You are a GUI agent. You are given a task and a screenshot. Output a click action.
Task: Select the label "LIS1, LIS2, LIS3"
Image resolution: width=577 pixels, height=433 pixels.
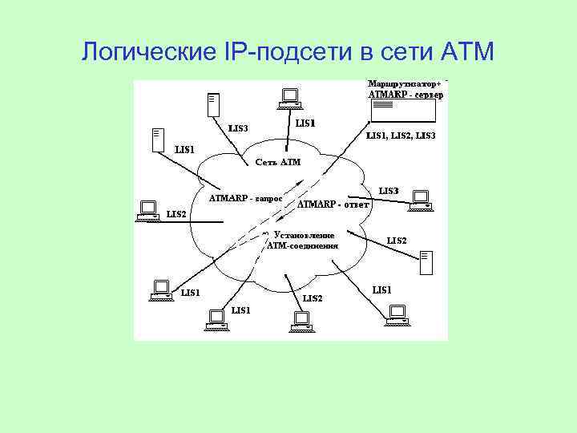[401, 136]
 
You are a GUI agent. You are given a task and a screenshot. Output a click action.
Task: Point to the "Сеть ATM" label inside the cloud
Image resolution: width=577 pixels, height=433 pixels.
[277, 162]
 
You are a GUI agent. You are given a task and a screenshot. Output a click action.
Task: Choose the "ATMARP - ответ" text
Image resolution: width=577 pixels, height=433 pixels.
[333, 204]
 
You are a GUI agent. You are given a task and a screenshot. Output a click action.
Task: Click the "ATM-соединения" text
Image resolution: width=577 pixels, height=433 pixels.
[302, 245]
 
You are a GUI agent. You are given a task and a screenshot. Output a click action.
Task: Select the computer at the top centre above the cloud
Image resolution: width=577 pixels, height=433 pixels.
[288, 99]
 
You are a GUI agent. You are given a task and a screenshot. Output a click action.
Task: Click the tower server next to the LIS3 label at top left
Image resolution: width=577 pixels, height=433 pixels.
[212, 104]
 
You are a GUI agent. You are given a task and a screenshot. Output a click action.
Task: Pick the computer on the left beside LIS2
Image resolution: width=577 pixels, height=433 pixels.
[147, 209]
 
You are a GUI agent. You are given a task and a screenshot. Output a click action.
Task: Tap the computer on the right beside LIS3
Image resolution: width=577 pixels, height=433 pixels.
[420, 200]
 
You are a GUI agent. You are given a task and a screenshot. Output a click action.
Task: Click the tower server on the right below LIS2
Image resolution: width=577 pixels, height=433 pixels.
[426, 260]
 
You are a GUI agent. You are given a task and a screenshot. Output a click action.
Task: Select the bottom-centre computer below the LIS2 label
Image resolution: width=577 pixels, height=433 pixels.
[299, 318]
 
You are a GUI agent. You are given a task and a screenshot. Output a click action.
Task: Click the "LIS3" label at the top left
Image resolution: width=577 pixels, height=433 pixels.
[238, 127]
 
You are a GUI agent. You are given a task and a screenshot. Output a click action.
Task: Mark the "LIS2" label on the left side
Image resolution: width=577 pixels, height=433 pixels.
[176, 214]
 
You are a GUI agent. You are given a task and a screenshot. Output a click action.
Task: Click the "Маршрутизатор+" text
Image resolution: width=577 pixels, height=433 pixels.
[405, 83]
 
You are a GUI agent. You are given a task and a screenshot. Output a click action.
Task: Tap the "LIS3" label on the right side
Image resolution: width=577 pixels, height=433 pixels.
[389, 191]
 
